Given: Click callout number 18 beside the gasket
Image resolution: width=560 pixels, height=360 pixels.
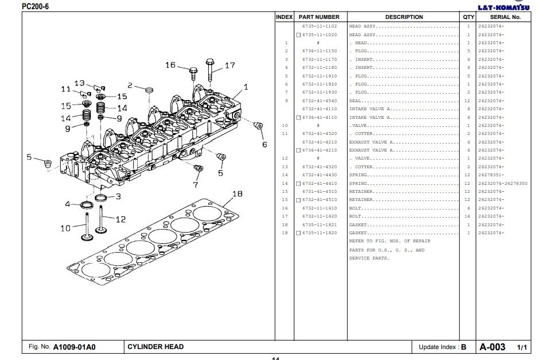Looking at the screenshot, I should (x=237, y=194).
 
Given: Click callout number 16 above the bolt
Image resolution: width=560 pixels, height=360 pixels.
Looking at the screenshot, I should (x=170, y=65).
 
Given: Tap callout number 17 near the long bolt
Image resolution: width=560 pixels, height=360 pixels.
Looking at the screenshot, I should (x=230, y=65).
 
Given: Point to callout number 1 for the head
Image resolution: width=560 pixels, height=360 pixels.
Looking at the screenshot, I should (x=246, y=87).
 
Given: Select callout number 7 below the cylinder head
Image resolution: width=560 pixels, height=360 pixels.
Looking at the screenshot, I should (x=195, y=185).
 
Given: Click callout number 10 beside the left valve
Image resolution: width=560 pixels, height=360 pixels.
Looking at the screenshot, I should (x=65, y=228).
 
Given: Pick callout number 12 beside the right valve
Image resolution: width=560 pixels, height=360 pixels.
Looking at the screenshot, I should (x=120, y=219).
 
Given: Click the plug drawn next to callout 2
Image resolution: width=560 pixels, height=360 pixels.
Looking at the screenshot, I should (x=149, y=90).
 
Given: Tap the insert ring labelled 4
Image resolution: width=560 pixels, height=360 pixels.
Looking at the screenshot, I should (x=87, y=205).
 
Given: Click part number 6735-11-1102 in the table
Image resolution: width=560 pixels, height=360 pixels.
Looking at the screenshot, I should (x=320, y=26).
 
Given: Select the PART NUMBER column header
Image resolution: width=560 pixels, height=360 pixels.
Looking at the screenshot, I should (x=319, y=17).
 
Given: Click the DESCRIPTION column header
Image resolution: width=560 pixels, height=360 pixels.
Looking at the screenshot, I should (x=404, y=17).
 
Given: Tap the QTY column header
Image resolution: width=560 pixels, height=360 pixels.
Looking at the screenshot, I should (x=469, y=17).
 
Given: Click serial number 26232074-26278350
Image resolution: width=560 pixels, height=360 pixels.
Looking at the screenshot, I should (x=503, y=183).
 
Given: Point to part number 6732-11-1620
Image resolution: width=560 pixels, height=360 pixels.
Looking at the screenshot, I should (x=320, y=216).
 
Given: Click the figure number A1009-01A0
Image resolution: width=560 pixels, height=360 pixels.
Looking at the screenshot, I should (x=74, y=347).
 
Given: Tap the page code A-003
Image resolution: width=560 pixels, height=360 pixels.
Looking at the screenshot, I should (x=492, y=347).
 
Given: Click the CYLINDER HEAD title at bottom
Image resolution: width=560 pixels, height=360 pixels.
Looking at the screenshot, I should (x=155, y=347).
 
